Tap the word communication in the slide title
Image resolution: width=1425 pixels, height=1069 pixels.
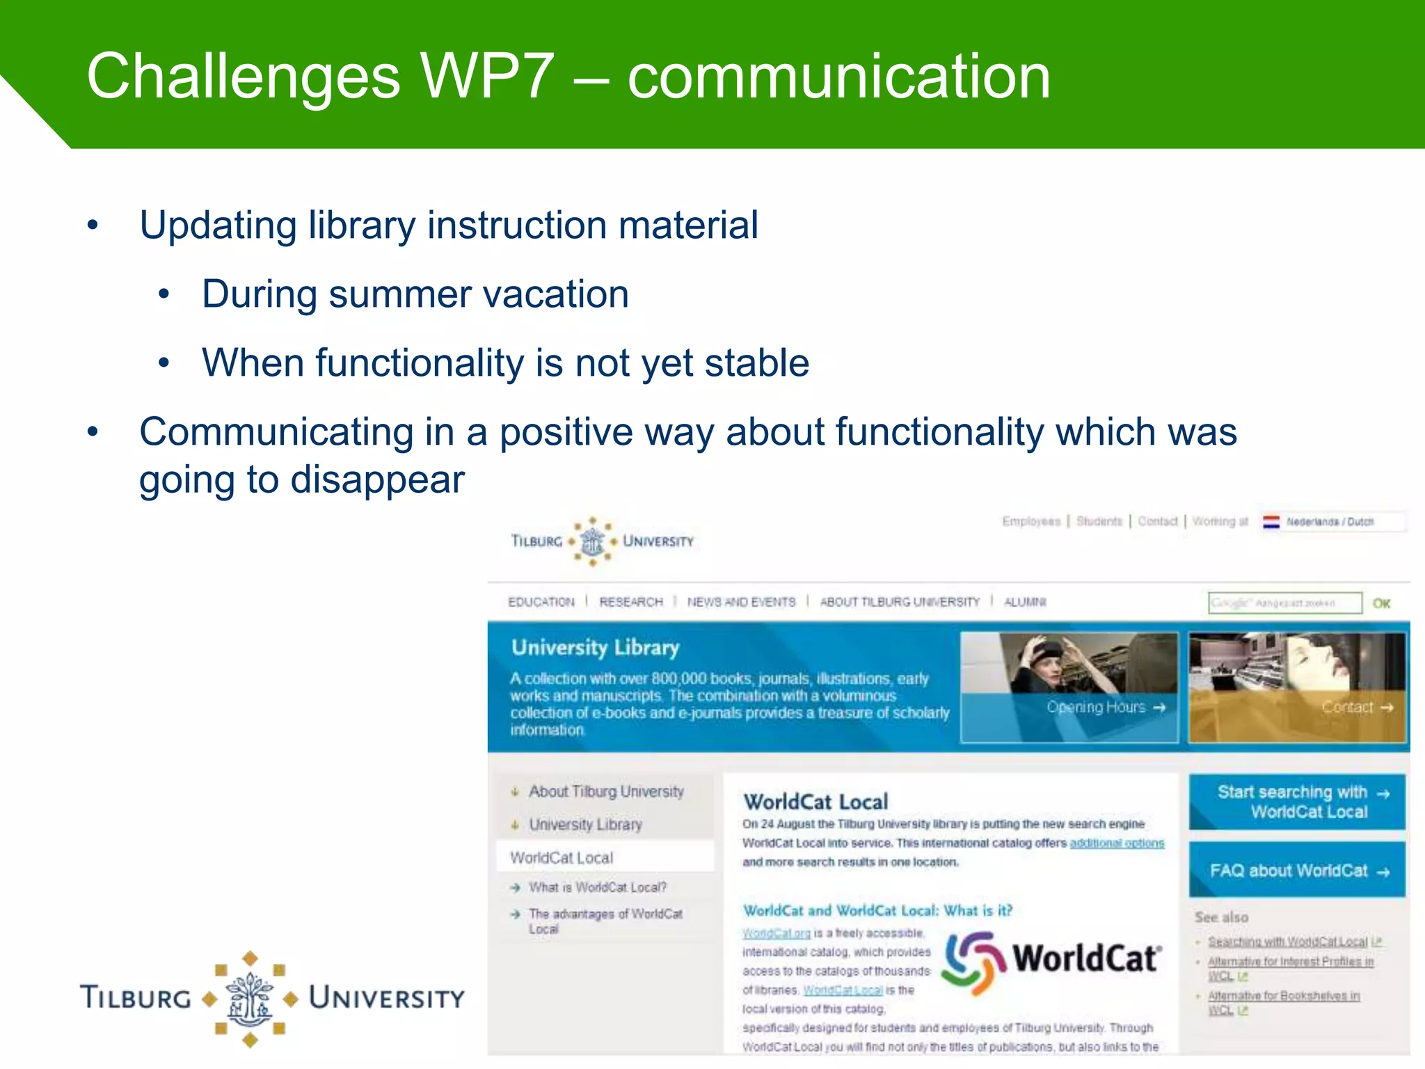coord(838,77)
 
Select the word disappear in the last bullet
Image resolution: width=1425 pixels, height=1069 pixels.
coord(377,480)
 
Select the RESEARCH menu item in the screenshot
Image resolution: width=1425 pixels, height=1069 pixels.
coord(631,602)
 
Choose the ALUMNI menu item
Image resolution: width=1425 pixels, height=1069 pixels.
coord(1025,602)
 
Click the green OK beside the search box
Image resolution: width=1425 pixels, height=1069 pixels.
coord(1381,603)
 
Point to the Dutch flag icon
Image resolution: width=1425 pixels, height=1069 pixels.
coord(1271,522)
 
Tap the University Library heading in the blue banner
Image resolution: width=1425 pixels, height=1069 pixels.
coord(595,648)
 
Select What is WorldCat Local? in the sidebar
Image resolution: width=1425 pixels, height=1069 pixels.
coord(597,887)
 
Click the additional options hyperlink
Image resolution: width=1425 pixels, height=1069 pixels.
coord(1116,844)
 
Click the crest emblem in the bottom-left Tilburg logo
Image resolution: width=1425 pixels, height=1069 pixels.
coord(250,999)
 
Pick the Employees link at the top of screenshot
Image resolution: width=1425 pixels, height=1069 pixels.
coord(1030,521)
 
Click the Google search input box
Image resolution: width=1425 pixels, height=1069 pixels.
coord(1284,603)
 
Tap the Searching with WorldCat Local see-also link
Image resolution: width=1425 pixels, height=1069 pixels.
coord(1287,942)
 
